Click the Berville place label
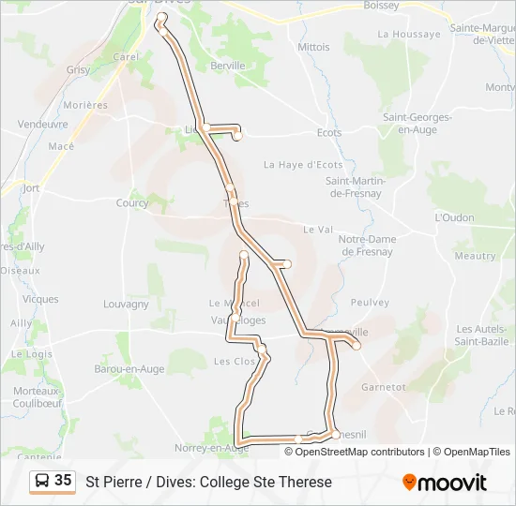pos(228,66)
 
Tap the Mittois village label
pos(314,47)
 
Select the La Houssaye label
pos(408,34)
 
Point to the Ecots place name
pos(329,133)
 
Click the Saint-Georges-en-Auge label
pos(417,123)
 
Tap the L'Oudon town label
pos(454,216)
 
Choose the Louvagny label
pos(126,305)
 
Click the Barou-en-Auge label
pos(129,369)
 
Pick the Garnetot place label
pos(383,386)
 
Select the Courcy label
pos(132,202)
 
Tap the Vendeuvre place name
pos(43,124)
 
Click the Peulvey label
pos(369,303)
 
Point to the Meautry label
pos(475,256)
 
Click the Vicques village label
pos(40,300)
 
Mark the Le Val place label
pos(318,230)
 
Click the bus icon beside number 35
pos(42,482)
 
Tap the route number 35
pos(63,481)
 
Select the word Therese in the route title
pos(305,483)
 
